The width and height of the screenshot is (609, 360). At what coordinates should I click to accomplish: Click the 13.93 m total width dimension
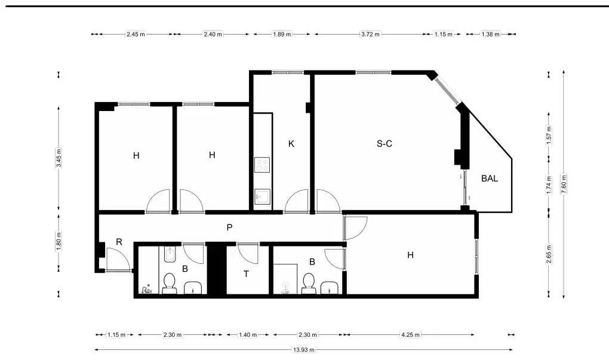tap(304, 349)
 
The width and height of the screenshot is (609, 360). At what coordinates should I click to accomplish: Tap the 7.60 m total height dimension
tap(564, 184)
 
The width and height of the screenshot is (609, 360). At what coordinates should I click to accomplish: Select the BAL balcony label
tap(490, 179)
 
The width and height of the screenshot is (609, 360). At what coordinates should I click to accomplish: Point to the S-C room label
tap(384, 144)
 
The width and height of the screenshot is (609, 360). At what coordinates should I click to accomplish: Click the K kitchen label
tap(291, 144)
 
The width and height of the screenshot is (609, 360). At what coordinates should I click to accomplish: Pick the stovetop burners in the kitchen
tap(262, 165)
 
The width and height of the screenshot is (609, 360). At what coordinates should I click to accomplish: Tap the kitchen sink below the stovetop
tap(262, 196)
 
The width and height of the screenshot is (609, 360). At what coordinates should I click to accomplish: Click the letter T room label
tap(246, 274)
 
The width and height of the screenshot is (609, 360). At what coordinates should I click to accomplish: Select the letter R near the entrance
tap(119, 242)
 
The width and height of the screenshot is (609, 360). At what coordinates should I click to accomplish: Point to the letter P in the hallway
tap(229, 227)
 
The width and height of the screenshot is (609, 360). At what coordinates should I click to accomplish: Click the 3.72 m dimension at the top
tap(370, 34)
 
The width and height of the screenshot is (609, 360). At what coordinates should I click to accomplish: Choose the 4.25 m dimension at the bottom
tap(410, 335)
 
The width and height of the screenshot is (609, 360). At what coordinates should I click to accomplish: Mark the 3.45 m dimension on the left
tap(59, 158)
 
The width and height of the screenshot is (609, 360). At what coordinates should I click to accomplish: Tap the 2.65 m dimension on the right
tap(549, 254)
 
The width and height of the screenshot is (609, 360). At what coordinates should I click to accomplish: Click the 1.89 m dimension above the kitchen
tap(282, 34)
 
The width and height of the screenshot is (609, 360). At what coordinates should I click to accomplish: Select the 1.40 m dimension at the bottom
tap(248, 335)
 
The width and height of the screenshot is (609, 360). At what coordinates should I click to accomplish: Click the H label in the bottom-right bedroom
tap(410, 255)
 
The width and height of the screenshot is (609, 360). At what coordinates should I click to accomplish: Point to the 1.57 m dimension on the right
tap(549, 135)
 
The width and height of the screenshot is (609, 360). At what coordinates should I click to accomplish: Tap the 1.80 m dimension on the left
tap(59, 241)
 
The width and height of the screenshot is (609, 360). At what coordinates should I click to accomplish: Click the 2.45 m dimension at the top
tap(136, 34)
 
